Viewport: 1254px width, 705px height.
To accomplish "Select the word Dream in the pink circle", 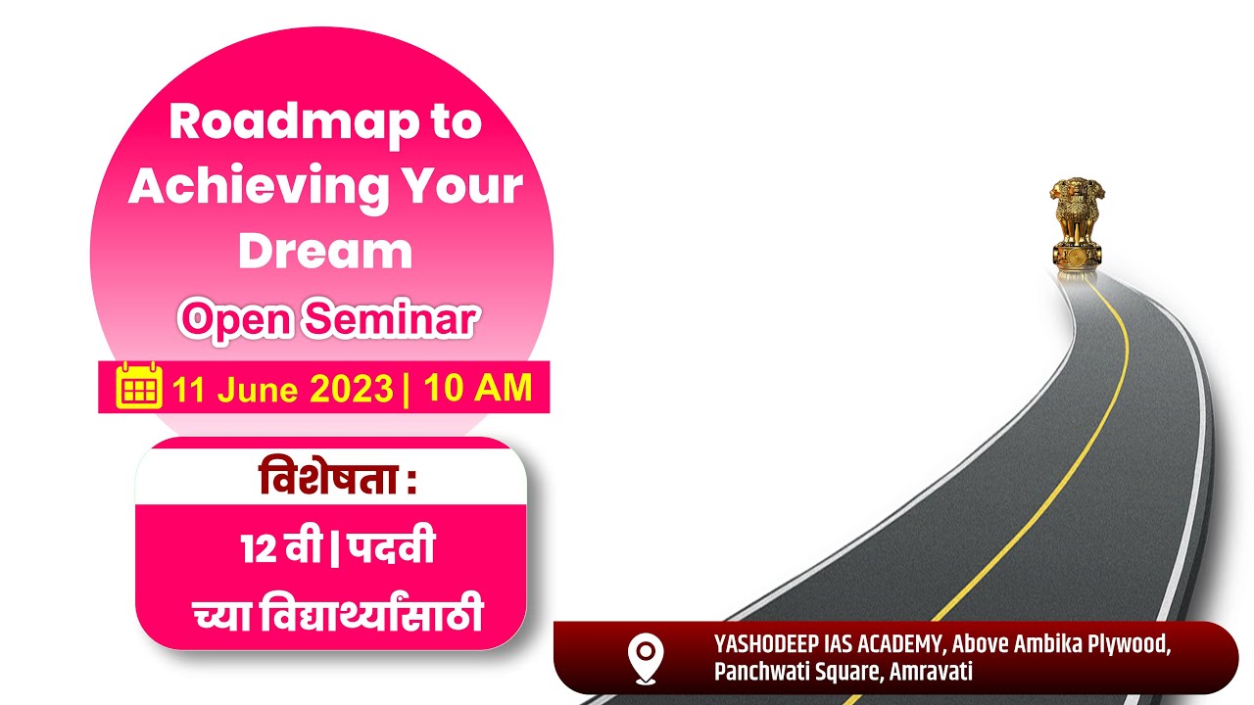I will pyautogui.click(x=325, y=250).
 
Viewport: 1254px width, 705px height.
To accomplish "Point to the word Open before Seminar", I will pyautogui.click(x=233, y=318).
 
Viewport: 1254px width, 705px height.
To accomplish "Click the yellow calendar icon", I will pyautogui.click(x=139, y=387).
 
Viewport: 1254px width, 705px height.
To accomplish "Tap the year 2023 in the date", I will pyautogui.click(x=352, y=389).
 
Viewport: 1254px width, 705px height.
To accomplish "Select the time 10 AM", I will pyautogui.click(x=478, y=388).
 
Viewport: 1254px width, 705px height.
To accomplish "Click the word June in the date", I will pyautogui.click(x=258, y=390).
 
